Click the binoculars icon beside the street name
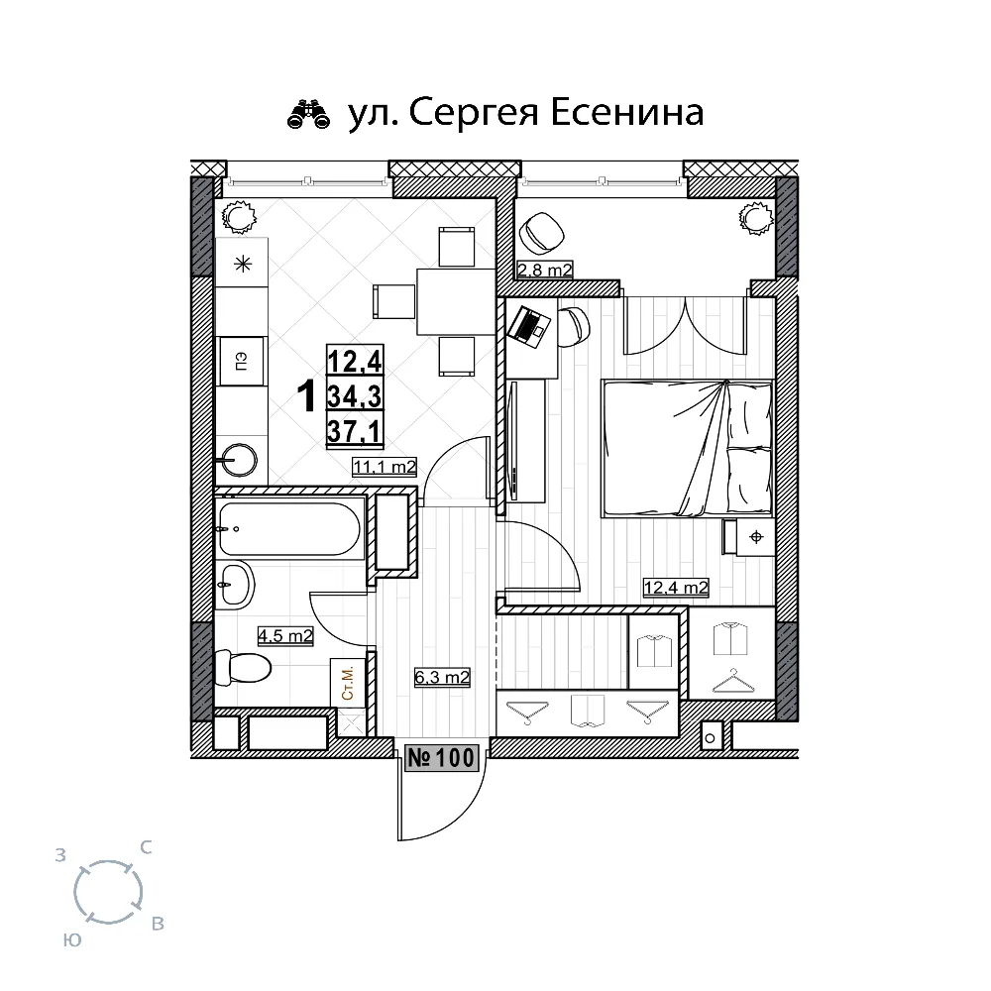pos(308,114)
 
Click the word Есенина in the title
pos(627,113)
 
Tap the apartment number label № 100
pos(441,757)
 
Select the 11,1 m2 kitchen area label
pos(385,467)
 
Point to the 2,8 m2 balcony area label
pos(544,270)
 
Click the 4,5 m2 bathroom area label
pos(285,635)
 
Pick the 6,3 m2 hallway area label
pos(442,678)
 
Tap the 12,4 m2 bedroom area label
pos(676,588)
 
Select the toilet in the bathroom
pos(242,667)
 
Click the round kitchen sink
pos(239,459)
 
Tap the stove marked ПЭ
pos(241,362)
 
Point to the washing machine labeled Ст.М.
pos(348,683)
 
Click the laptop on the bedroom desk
pos(529,326)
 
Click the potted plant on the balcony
pos(756,219)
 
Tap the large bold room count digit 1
pos(306,396)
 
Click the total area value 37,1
pos(354,432)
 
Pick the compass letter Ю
pos(72,939)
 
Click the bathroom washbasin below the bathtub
pos(234,584)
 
